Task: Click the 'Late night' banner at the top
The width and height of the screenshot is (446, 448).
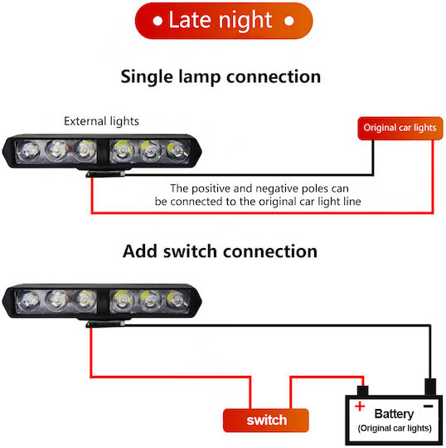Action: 224,21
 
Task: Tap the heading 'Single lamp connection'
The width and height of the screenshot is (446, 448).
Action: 221,77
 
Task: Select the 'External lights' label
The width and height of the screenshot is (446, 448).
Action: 101,121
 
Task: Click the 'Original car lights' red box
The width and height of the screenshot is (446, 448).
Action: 400,129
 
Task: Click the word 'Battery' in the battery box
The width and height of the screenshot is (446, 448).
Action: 394,414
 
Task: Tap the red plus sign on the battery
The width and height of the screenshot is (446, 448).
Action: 360,406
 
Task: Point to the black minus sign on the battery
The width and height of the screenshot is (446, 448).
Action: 428,406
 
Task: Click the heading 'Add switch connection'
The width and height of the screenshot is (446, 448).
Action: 220,251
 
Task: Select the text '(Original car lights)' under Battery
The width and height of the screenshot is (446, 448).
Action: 395,428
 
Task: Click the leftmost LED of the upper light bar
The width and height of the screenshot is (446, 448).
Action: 28,150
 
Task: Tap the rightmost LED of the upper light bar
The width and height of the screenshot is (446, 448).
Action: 177,150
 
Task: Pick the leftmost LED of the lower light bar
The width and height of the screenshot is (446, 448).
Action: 28,300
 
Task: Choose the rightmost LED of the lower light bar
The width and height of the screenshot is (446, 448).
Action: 177,300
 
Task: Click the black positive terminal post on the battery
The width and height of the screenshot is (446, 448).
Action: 362,391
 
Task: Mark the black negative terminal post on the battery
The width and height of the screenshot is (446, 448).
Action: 430,387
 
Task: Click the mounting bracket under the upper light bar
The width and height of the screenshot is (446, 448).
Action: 105,173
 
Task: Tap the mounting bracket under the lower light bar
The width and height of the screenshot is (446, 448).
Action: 105,324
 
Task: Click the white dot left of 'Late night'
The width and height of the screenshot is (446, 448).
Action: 158,21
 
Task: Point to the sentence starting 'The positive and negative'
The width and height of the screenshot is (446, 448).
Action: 258,195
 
